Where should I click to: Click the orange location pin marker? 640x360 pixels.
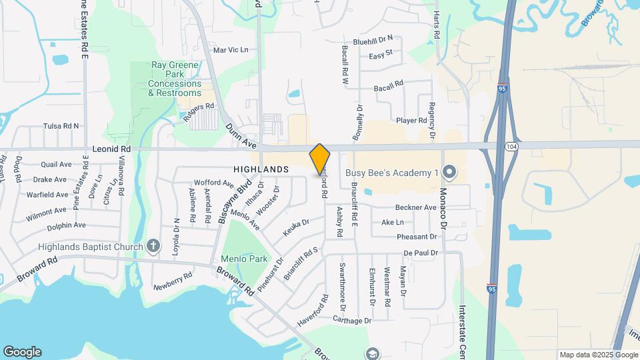[320, 159]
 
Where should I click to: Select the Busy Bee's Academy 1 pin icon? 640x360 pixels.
[449, 173]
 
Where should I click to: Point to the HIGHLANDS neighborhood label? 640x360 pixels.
[261, 169]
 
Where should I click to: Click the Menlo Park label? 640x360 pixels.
[244, 259]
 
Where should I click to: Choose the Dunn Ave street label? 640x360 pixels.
[241, 135]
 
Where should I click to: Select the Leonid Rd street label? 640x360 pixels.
[111, 150]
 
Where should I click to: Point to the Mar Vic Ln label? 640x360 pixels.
[230, 50]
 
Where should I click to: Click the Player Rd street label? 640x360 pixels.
[411, 121]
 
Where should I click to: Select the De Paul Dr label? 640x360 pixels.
[420, 253]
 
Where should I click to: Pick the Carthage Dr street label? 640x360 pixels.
[352, 321]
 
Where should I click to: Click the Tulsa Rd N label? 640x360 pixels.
[61, 125]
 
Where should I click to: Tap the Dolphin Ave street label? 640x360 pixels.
[66, 225]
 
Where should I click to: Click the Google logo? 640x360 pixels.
[22, 352]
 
